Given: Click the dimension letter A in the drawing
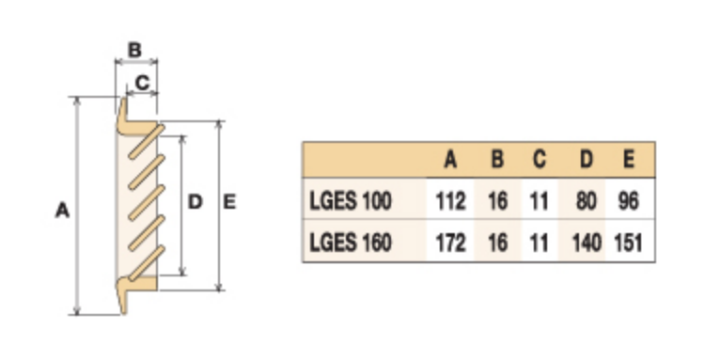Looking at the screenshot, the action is tap(62, 211).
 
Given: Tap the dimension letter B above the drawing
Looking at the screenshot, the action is tap(134, 50).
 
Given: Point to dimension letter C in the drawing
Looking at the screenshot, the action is tap(142, 83).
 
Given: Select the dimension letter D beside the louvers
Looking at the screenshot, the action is tap(196, 201).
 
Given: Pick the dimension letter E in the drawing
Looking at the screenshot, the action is tap(229, 201).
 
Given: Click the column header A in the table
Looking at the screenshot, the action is tap(450, 160).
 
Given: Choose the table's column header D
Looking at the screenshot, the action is tap(587, 160).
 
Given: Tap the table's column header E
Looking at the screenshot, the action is tap(629, 160).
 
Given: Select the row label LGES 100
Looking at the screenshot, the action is tap(351, 201).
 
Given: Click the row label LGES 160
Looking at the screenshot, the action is tap(351, 243).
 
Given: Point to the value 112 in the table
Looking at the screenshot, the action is tap(450, 201).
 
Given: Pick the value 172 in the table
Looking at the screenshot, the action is tap(450, 243).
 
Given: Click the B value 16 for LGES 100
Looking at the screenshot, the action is tap(498, 201).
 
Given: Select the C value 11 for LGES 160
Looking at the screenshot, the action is tap(539, 243).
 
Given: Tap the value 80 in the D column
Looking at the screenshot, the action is tap(587, 201).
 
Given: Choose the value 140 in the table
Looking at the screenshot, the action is tap(587, 243).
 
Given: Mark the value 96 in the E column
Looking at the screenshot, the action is tap(629, 201).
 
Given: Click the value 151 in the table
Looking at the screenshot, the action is tap(628, 243).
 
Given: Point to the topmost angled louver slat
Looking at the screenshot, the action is tap(147, 142).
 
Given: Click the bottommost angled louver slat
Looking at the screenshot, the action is tap(147, 263).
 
